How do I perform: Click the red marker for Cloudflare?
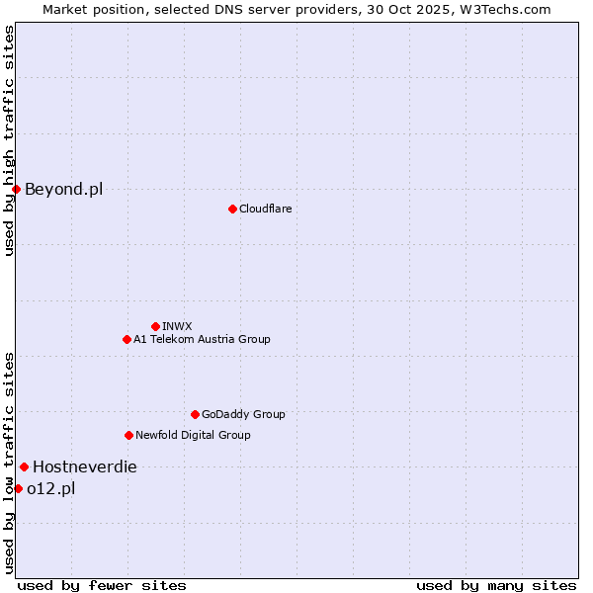pos(232,209)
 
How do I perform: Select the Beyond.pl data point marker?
pos(16,189)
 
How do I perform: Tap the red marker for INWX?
pos(155,326)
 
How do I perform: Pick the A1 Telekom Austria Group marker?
pos(127,339)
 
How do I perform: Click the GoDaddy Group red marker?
pos(195,414)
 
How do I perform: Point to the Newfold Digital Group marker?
pos(128,435)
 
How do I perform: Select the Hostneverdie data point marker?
pos(24,466)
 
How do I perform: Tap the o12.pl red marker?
pos(18,488)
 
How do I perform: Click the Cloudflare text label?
pos(266,209)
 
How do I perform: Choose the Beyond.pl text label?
pos(63,189)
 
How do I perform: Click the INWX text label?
pos(178,326)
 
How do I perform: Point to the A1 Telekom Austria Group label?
pos(202,339)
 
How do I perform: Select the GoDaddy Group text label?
pos(243,414)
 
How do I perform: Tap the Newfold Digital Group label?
pos(193,435)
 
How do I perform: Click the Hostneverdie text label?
pos(85,466)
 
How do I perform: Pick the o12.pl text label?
pos(51,488)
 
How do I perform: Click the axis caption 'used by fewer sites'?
pos(102,585)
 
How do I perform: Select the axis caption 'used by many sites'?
pos(496,585)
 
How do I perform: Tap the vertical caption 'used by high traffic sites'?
pos(9,140)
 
